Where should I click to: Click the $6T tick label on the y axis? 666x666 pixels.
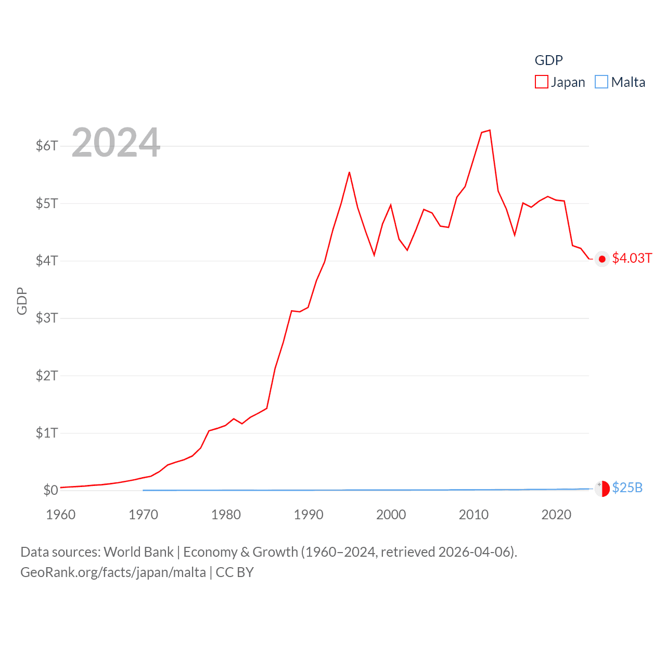coord(46,146)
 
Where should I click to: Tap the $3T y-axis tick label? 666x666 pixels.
coord(46,318)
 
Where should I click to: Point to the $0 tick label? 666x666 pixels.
coord(50,490)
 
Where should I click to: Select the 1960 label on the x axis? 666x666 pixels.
coord(61,515)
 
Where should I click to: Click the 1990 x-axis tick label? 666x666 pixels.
coord(309,515)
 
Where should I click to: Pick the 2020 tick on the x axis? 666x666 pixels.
coord(556,515)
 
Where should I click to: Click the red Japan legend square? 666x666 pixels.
coord(542,82)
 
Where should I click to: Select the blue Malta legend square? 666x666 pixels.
coord(601,82)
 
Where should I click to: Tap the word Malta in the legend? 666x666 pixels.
coord(628,82)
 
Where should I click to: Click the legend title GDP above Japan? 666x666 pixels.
coord(548,60)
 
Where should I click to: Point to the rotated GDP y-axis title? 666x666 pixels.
coord(22,301)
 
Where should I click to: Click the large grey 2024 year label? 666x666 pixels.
coord(116,143)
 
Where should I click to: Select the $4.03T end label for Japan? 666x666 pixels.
coord(632,258)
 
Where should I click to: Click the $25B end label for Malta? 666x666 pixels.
coord(627,488)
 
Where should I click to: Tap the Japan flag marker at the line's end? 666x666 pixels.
coord(602,259)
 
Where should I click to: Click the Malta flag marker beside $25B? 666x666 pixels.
coord(602,489)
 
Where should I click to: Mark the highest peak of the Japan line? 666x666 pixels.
coord(490,130)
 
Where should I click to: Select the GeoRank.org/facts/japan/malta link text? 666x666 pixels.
coord(113,572)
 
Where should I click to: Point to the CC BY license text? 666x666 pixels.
coord(235,572)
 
